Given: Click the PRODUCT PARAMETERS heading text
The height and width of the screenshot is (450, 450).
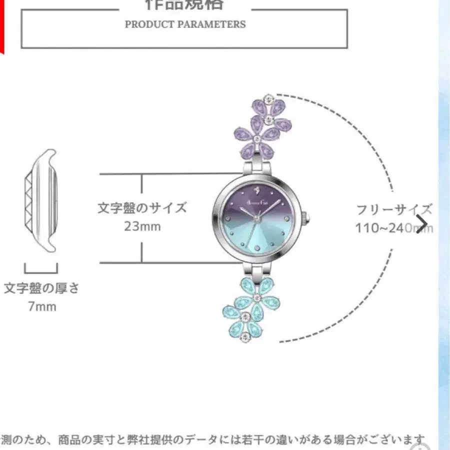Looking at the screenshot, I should click(185, 24).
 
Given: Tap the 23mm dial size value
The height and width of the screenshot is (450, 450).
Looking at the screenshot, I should click(142, 226).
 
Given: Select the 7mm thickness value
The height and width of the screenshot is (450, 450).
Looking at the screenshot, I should click(42, 306).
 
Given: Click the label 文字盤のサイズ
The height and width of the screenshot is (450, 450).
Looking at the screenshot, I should click(142, 207).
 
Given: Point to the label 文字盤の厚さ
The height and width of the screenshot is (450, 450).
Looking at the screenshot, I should click(42, 288).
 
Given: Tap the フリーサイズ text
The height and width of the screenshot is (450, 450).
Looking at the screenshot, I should click(394, 209).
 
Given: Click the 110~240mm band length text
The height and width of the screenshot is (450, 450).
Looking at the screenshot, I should click(394, 228).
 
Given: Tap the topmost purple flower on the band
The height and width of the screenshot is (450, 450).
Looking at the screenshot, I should click(269, 106).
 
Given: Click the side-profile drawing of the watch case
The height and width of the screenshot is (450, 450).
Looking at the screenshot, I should click(42, 200).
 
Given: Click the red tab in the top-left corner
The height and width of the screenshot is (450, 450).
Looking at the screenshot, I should click(1, 25).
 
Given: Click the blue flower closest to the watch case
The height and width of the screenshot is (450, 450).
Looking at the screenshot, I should click(257, 298).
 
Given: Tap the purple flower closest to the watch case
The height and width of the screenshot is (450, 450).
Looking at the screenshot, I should click(256, 138).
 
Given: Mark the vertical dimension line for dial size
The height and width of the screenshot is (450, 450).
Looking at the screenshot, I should click(142, 218).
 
